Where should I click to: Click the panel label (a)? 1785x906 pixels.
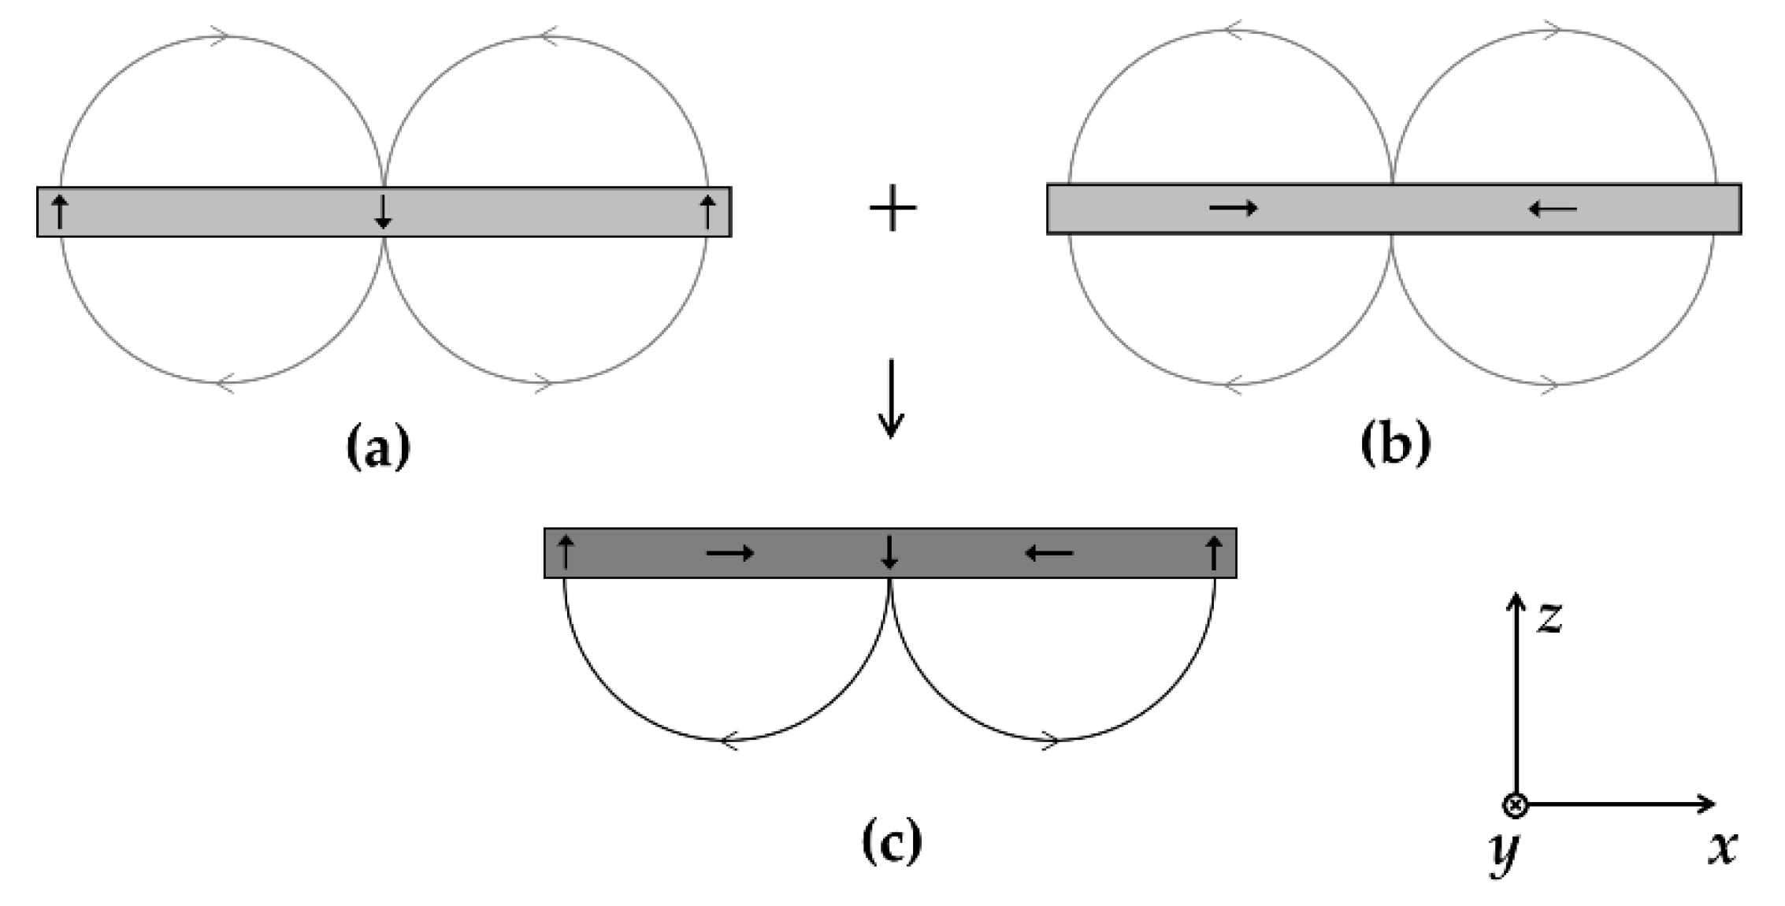point(379,448)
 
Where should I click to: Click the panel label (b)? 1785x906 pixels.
point(1395,446)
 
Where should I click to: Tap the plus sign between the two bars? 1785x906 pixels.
point(892,209)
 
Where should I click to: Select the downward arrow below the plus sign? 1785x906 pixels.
point(891,399)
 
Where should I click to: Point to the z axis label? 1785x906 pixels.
point(1549,618)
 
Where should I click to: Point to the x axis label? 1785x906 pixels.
point(1723,848)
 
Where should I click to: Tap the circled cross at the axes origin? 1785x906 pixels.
point(1516,805)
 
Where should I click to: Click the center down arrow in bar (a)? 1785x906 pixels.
point(383,211)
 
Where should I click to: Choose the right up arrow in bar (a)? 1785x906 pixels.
point(707,211)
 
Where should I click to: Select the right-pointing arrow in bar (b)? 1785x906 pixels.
point(1234,208)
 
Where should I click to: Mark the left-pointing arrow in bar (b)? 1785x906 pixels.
point(1552,209)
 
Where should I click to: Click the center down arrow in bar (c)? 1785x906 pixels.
point(890,551)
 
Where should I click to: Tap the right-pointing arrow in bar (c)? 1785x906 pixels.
point(730,553)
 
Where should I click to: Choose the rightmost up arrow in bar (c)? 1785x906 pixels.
point(1214,551)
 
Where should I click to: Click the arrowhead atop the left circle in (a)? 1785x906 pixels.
point(221,35)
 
